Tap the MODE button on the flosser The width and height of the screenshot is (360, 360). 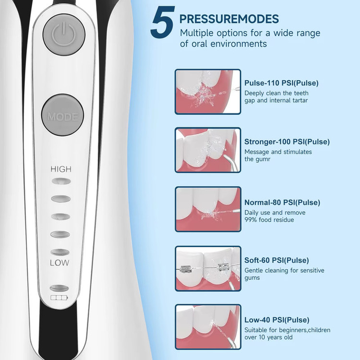[x=62, y=115]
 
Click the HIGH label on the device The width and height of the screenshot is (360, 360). [x=61, y=169]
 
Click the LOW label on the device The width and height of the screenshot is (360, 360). [x=60, y=263]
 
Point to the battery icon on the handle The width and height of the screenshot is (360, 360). [x=59, y=298]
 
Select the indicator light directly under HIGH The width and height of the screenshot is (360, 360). [x=61, y=181]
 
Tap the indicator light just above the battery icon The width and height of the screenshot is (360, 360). [x=59, y=288]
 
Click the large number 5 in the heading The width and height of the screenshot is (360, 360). [x=163, y=22]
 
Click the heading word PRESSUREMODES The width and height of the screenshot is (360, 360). [x=229, y=19]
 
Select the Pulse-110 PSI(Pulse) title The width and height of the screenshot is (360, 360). [x=281, y=83]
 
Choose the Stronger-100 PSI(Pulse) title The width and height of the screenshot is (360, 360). [x=287, y=142]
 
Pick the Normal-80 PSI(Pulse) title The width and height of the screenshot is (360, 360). [x=282, y=203]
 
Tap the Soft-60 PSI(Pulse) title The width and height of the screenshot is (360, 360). [x=276, y=260]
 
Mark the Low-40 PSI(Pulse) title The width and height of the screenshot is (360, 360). [x=276, y=320]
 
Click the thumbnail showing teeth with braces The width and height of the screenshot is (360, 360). [x=208, y=269]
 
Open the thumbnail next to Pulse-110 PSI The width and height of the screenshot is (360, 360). [x=208, y=92]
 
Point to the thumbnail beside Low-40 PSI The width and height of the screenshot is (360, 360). [x=208, y=327]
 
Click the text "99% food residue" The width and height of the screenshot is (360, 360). [x=269, y=220]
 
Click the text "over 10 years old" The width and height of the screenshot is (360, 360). [x=268, y=337]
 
